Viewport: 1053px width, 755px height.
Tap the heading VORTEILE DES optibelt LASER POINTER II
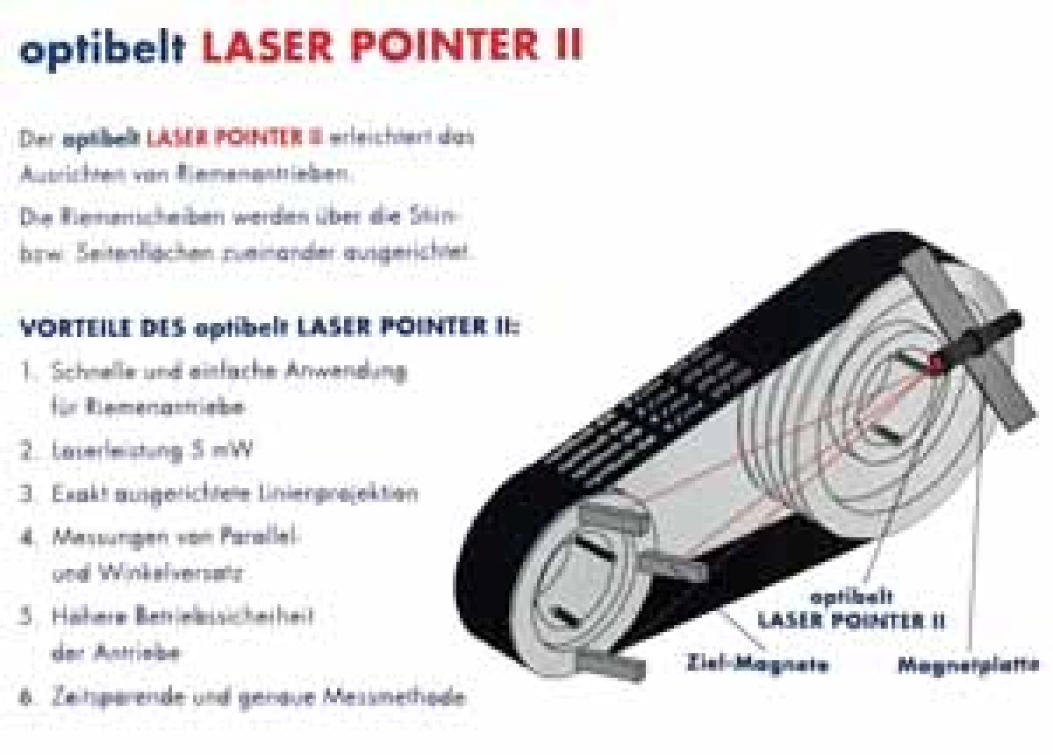point(268,328)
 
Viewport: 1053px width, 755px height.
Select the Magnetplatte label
point(968,665)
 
